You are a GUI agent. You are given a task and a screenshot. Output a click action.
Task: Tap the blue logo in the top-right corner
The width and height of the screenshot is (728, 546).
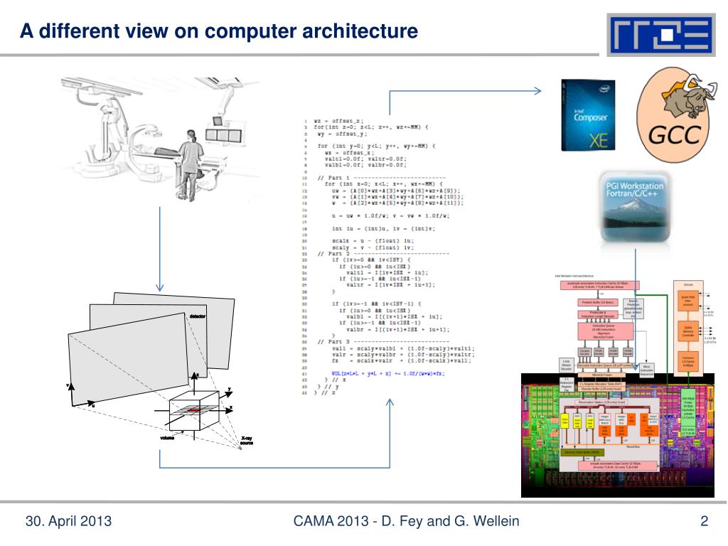click(x=660, y=36)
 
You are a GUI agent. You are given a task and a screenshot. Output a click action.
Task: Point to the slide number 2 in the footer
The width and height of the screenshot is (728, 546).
click(x=704, y=523)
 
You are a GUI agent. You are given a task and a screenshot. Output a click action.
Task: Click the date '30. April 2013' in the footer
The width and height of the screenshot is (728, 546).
click(x=69, y=523)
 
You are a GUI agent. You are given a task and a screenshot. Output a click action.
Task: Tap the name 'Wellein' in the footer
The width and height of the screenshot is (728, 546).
click(x=495, y=523)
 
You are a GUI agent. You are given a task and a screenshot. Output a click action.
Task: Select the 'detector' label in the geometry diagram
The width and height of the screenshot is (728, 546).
click(x=198, y=315)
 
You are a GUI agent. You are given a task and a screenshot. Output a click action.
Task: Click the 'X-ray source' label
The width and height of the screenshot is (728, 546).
click(x=246, y=441)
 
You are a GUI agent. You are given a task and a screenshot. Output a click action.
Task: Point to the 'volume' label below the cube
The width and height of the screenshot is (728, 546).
click(x=166, y=438)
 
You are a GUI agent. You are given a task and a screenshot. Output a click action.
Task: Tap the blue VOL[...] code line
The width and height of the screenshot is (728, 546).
click(x=387, y=373)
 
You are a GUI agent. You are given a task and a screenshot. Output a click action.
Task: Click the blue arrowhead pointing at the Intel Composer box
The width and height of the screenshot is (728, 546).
click(x=538, y=90)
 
